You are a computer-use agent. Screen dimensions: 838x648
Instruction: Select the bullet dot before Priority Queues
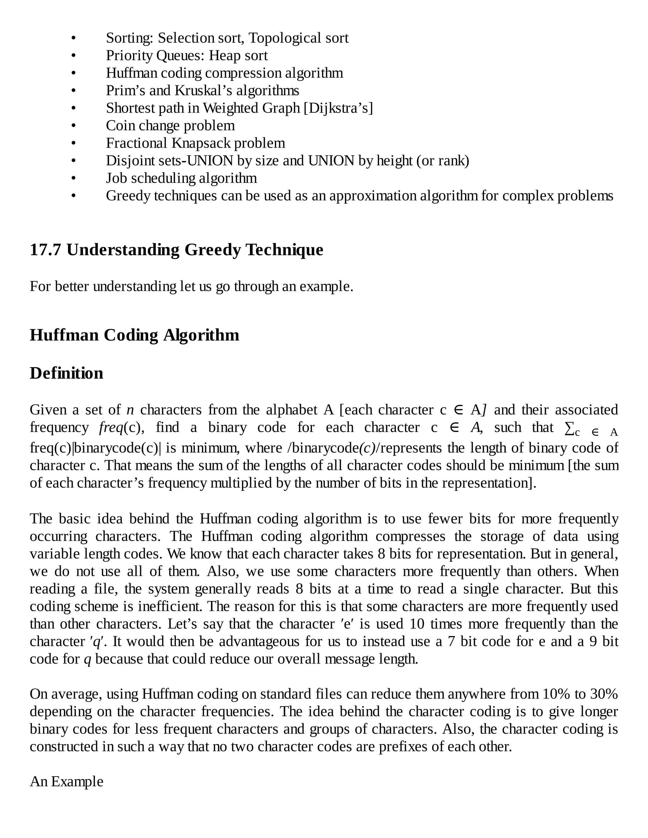73,56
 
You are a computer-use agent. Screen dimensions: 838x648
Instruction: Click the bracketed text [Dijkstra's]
338,108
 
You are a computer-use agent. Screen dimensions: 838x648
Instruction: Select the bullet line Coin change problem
170,126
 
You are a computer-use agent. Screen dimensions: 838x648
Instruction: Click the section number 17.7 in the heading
45,250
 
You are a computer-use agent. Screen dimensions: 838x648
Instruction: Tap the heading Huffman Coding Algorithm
134,335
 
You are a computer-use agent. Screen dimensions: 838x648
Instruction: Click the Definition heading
66,373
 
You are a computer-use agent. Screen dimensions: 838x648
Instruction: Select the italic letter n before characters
130,410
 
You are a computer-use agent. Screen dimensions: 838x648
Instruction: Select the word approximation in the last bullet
373,196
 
